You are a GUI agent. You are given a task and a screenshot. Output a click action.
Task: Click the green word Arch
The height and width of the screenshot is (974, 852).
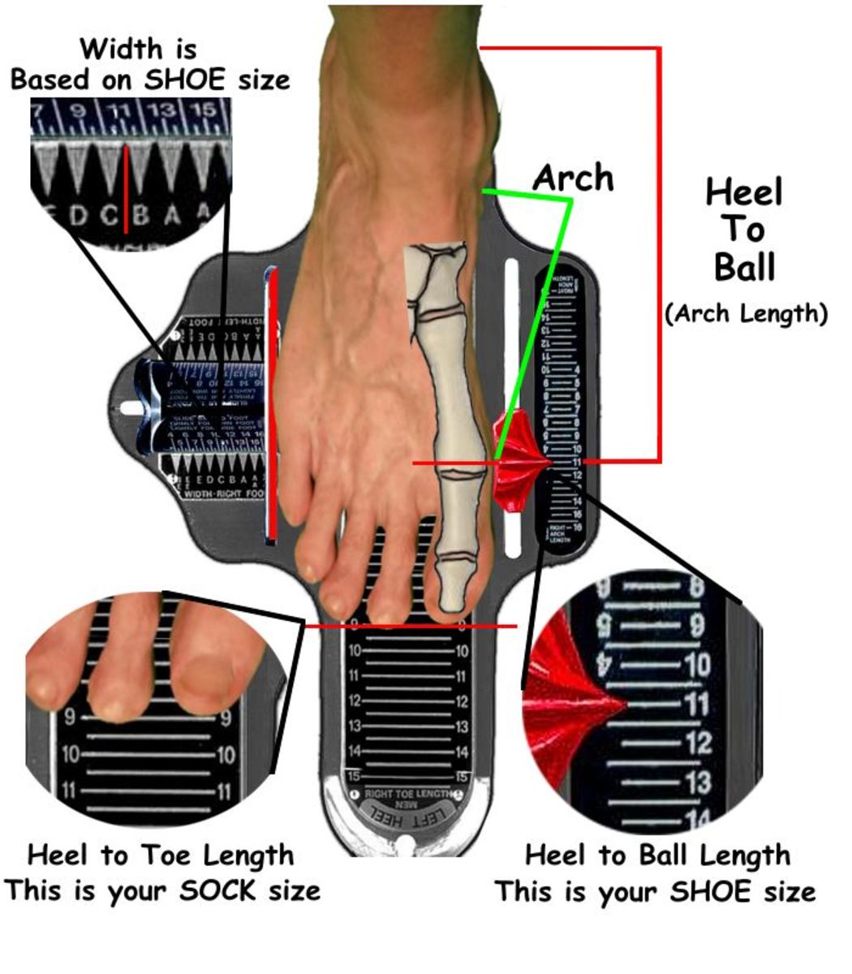(573, 178)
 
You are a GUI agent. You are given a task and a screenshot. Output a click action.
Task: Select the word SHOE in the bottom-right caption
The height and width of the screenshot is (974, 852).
(712, 891)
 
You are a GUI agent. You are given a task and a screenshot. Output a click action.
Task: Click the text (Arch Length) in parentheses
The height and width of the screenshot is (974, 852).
(746, 313)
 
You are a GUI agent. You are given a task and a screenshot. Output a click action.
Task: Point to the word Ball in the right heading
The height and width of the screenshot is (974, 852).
(744, 267)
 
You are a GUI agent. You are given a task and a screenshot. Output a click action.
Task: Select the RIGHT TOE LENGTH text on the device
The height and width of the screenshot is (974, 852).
(405, 793)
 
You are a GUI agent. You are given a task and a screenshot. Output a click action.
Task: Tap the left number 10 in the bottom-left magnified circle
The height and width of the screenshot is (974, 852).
(70, 755)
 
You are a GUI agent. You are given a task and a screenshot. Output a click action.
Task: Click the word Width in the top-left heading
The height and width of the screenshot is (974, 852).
(121, 49)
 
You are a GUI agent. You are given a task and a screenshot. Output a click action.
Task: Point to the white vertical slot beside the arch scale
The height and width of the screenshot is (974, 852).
(512, 325)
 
